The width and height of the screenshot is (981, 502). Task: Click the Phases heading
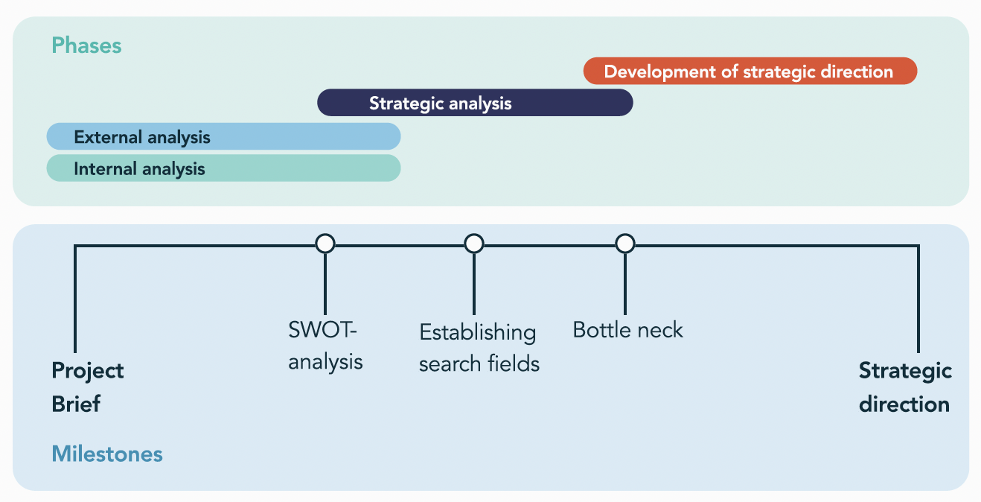point(86,45)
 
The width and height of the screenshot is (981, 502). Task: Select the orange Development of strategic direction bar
point(750,71)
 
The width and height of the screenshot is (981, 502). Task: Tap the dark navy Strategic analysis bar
point(475,103)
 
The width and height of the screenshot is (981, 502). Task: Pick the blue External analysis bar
point(223,136)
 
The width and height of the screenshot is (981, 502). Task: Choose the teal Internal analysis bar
point(223,168)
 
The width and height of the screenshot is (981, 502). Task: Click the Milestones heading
point(107,454)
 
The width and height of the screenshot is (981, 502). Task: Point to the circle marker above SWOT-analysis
point(325,244)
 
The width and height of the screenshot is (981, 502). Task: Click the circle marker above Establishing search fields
point(474,244)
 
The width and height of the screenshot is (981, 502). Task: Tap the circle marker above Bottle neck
point(625,244)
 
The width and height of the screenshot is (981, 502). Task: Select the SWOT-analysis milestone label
point(325,346)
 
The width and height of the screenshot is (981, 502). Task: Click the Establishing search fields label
point(479,348)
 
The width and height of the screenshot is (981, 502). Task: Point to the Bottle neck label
point(627,330)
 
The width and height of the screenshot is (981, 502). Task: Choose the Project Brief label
point(88,387)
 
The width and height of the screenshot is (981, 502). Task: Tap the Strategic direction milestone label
point(905,387)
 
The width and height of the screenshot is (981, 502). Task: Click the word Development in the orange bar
point(659,72)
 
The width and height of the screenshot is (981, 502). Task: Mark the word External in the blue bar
point(108,137)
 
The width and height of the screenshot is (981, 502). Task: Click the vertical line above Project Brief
point(75,299)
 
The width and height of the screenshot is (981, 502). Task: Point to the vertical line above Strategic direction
point(918,299)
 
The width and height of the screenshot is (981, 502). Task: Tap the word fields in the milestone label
point(514,363)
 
